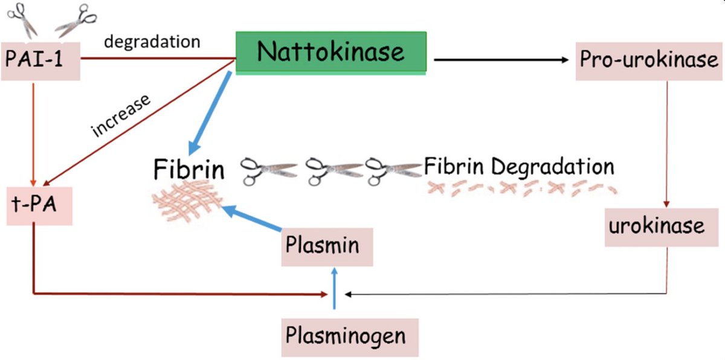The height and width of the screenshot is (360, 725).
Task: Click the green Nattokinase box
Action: [x=330, y=52]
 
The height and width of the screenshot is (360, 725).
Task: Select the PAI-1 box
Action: [x=40, y=61]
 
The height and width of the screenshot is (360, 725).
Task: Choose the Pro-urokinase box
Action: [x=648, y=60]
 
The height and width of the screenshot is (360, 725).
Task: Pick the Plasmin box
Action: [x=326, y=246]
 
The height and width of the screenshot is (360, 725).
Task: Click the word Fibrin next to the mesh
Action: [x=188, y=169]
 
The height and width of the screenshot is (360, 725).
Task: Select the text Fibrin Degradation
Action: [x=519, y=166]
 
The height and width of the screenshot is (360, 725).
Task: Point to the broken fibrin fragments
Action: [x=520, y=187]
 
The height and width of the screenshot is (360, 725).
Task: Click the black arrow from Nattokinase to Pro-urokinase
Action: [x=501, y=60]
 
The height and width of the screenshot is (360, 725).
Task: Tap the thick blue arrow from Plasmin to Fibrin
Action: [x=253, y=219]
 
